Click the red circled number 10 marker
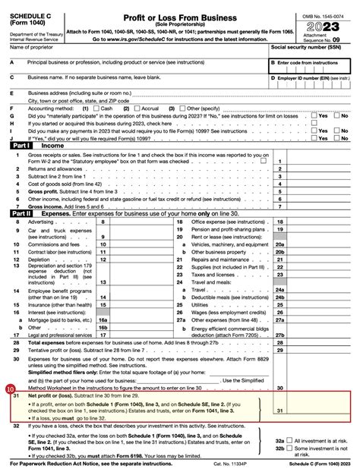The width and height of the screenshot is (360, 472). pyautogui.click(x=9, y=370)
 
